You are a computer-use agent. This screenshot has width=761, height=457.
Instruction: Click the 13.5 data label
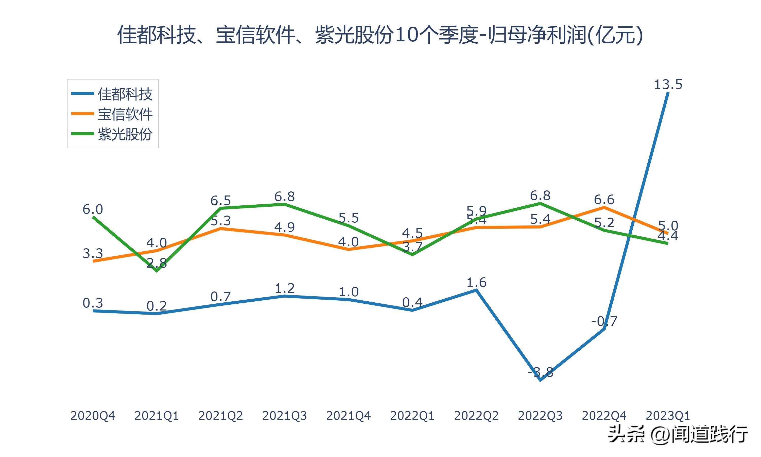coord(668,84)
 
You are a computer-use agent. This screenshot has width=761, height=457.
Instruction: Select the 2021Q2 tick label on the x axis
coord(220,416)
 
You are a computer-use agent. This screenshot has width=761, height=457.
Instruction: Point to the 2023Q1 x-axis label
coord(668,416)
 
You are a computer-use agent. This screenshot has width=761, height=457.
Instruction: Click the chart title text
coord(380,35)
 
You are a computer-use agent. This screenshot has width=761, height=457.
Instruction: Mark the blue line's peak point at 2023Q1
coord(668,92)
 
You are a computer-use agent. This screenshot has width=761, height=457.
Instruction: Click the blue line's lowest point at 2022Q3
coord(541,380)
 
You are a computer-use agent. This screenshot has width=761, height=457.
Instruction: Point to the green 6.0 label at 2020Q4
coord(93,209)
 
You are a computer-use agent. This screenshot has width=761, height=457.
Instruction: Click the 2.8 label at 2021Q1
coord(157,263)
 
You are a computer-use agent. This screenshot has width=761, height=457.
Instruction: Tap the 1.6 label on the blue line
coord(476,282)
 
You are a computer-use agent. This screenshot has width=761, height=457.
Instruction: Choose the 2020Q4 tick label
coord(93,416)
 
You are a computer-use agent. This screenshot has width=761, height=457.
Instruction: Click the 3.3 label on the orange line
coord(93,253)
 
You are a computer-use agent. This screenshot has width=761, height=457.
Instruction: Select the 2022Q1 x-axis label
coord(412,416)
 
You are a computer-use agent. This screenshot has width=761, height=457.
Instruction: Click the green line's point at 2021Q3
coord(285,204)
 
